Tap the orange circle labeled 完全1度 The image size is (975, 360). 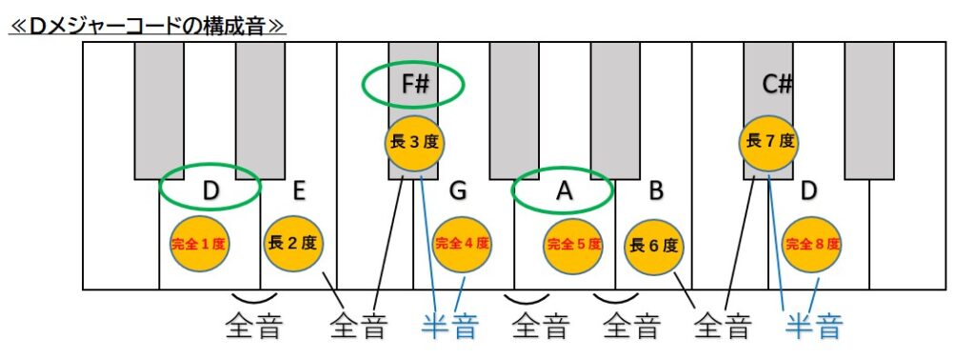198,243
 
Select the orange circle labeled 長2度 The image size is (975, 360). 293,243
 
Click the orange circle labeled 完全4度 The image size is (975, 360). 462,244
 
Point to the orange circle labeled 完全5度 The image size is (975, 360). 573,244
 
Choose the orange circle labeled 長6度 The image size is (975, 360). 655,245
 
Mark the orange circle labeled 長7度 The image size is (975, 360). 768,143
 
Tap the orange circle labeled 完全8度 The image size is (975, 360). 812,244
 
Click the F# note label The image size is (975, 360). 414,84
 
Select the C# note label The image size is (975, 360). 778,84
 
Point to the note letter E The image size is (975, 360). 299,191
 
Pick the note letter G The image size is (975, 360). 459,191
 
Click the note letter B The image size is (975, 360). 656,191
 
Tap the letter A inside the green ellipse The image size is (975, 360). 564,191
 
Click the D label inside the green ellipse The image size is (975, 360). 211,190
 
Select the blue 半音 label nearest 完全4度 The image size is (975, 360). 449,328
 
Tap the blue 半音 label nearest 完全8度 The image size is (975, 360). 814,328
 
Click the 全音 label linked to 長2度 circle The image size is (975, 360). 358,328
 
